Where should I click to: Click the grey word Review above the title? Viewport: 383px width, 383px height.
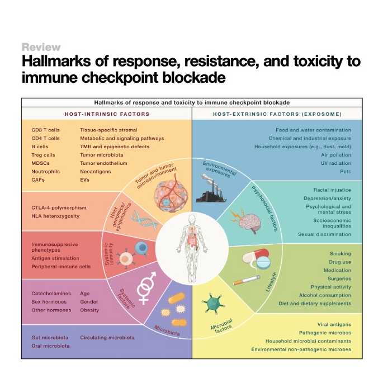pos(41,47)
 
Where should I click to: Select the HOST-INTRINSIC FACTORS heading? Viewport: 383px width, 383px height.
pos(106,114)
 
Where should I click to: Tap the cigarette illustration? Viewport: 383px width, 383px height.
pos(247,278)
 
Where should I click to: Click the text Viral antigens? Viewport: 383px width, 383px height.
pos(333,324)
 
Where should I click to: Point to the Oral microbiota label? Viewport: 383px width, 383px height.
pos(51,346)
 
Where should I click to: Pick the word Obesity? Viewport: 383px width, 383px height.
pos(89,310)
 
